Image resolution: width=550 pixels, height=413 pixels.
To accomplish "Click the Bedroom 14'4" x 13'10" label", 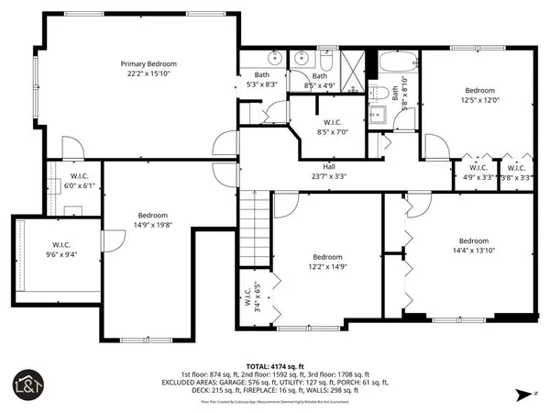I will click(474, 246).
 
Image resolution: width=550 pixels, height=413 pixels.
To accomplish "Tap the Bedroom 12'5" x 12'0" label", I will click(479, 95).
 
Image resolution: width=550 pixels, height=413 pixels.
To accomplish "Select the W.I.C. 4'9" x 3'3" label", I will click(478, 172).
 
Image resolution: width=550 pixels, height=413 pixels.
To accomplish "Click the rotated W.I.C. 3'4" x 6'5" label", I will click(252, 298).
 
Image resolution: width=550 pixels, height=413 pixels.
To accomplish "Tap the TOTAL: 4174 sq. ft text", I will click(275, 365).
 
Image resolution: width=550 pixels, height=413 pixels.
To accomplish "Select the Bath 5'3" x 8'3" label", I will click(262, 80).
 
